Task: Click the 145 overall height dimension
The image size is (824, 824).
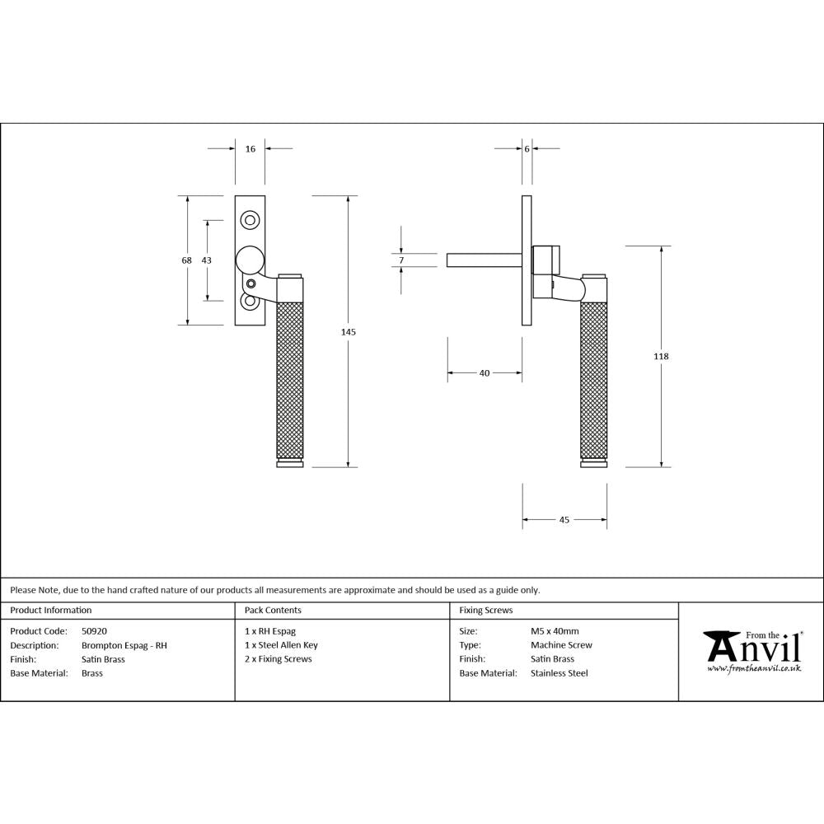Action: [x=348, y=331]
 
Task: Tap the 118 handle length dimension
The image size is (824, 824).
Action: [x=661, y=356]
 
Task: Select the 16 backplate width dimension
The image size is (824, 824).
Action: [x=250, y=149]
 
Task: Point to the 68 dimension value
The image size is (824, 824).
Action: [x=187, y=260]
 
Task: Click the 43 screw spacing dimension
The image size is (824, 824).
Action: [x=206, y=260]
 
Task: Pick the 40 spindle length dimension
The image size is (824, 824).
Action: [x=485, y=373]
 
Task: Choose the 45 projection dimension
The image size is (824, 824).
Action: [x=564, y=520]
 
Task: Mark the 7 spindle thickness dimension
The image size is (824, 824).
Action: [x=400, y=260]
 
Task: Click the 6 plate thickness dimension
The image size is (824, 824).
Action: [x=527, y=149]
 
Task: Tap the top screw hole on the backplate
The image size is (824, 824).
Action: [x=250, y=220]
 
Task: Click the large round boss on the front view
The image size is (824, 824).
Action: [x=250, y=260]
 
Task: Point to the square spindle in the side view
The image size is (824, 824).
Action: [x=483, y=260]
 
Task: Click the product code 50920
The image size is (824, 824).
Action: [x=94, y=631]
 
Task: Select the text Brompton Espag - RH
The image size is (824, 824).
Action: [x=124, y=645]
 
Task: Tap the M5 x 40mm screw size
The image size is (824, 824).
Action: [x=555, y=631]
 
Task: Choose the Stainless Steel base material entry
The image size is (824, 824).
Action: [x=559, y=673]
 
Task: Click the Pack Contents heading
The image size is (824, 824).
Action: [x=273, y=611]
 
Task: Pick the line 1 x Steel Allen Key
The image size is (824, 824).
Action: [x=281, y=645]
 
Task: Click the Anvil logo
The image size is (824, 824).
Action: [x=751, y=651]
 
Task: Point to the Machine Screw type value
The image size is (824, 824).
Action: [x=561, y=645]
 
